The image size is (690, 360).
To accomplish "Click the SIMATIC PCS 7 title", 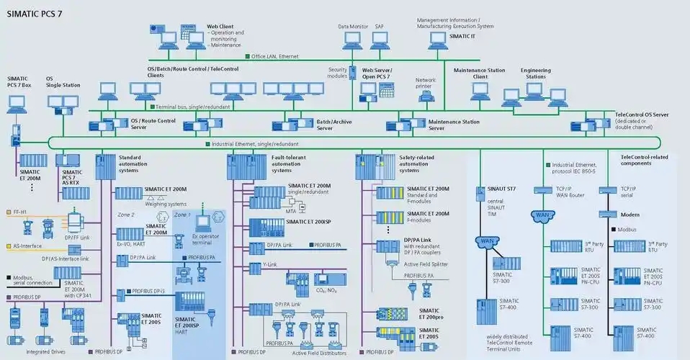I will click(37, 14).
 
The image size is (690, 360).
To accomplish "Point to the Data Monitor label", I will click(353, 27).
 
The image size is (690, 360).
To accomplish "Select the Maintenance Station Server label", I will click(454, 125).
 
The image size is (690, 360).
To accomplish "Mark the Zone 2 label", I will click(126, 215).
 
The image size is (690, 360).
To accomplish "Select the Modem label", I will click(629, 215).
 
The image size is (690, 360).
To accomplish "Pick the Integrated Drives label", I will click(40, 351).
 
